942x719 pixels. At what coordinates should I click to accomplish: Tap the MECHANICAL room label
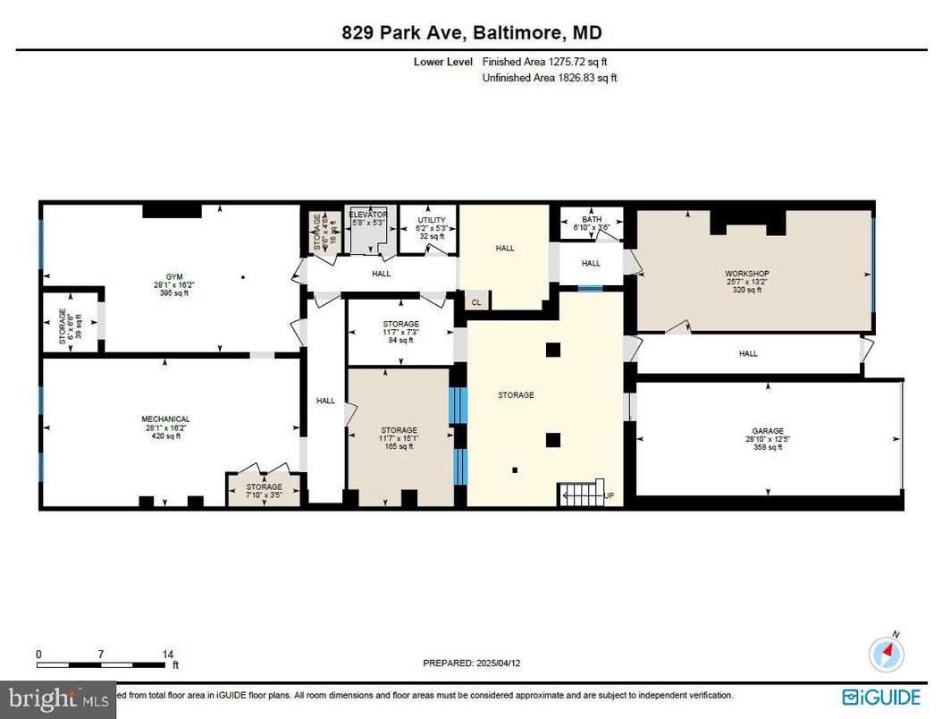(x=165, y=419)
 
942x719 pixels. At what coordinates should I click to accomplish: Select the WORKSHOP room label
(x=746, y=274)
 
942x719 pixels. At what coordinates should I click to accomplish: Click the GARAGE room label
(x=767, y=431)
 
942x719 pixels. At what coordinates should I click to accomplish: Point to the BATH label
(x=592, y=219)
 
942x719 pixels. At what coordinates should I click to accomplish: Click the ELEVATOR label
(x=367, y=215)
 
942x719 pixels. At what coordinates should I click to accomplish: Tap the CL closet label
(x=475, y=302)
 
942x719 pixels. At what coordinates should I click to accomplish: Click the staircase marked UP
(x=580, y=493)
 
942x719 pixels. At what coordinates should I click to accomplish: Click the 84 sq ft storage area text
(x=400, y=340)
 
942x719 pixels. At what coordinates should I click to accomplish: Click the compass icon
(x=887, y=653)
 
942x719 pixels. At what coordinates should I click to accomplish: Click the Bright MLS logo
(x=58, y=698)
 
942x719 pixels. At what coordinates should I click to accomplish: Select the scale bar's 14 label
(x=167, y=655)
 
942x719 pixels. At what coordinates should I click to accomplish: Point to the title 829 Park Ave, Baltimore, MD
(x=471, y=33)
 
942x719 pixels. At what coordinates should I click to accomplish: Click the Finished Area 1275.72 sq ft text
(x=550, y=62)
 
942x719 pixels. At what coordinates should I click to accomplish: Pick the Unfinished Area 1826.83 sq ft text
(x=550, y=78)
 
